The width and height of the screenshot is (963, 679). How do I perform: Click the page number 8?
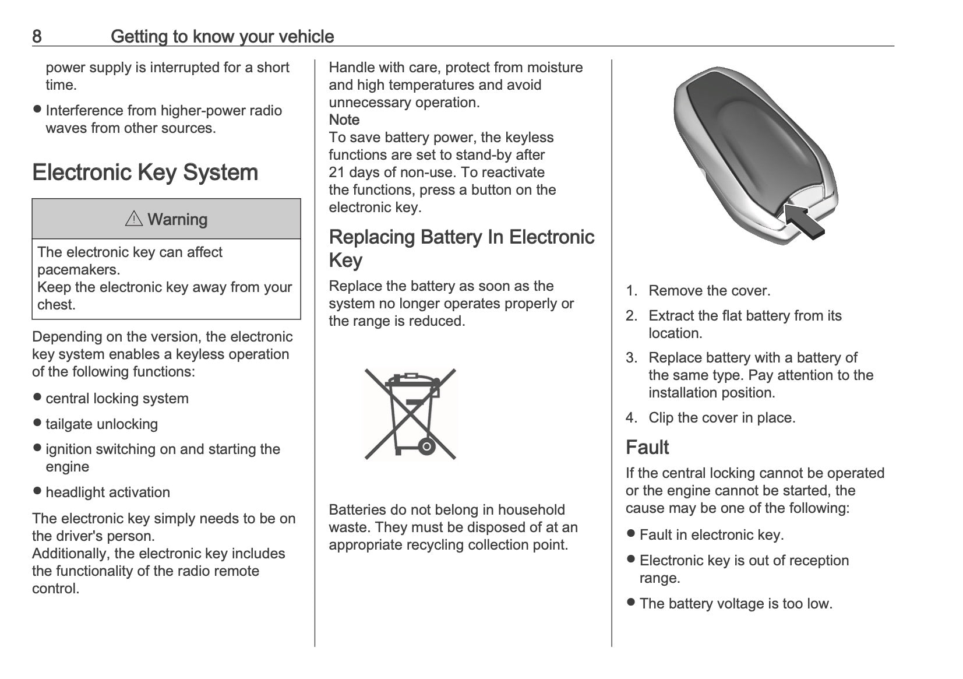point(37,37)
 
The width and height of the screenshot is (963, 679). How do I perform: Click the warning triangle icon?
point(134,219)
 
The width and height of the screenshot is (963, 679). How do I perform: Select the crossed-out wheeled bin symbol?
point(410,414)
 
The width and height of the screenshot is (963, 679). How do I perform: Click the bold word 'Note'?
point(344,119)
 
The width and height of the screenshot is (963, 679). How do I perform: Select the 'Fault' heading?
point(647,447)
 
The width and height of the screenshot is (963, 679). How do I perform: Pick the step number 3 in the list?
point(631,357)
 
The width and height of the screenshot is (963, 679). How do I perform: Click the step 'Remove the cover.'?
point(710,291)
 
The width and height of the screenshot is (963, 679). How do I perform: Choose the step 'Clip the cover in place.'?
point(722,417)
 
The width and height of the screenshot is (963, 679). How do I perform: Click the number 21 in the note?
point(337,173)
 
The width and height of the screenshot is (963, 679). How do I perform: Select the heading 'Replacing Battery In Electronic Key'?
point(462,248)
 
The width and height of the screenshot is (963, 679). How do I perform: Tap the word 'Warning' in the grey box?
point(177,219)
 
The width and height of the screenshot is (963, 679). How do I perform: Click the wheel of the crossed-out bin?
point(426,447)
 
